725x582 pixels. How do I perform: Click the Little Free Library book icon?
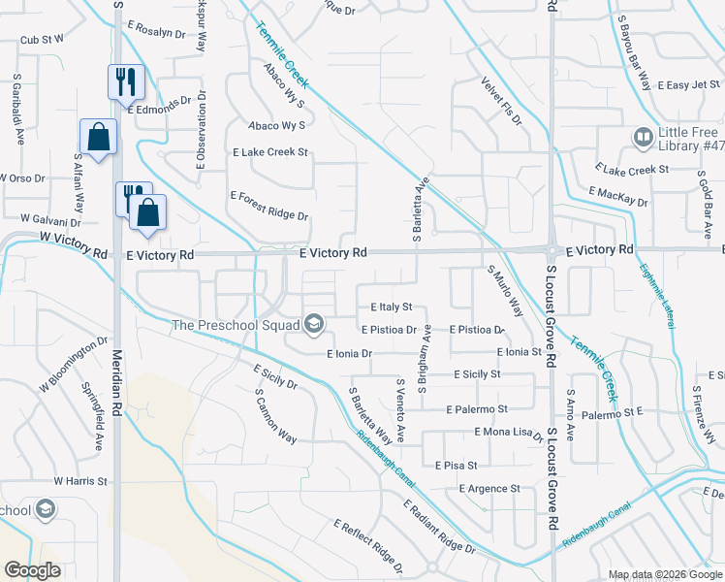[642, 138]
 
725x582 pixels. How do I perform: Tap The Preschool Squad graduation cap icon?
[313, 324]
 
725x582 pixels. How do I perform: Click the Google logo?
[32, 570]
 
